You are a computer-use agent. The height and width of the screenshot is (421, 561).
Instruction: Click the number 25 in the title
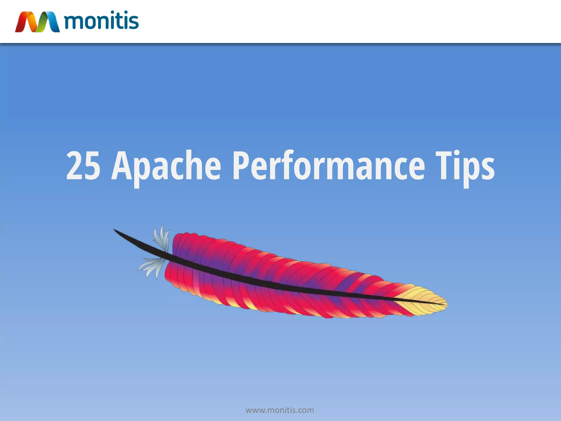83,166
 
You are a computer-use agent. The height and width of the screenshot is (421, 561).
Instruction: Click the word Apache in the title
166,166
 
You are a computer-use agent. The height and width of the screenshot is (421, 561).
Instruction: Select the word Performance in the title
328,166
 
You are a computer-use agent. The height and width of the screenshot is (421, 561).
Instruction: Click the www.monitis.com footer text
280,410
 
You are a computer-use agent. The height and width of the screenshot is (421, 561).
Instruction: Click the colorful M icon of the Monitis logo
37,22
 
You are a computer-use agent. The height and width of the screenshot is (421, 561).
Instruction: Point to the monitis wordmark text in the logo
101,21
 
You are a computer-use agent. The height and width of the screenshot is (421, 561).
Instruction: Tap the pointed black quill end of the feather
118,232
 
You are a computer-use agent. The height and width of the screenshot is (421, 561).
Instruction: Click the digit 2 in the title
75,166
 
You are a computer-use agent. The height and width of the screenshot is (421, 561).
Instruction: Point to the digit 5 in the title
92,166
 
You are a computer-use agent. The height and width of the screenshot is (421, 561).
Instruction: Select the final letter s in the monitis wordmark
133,22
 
